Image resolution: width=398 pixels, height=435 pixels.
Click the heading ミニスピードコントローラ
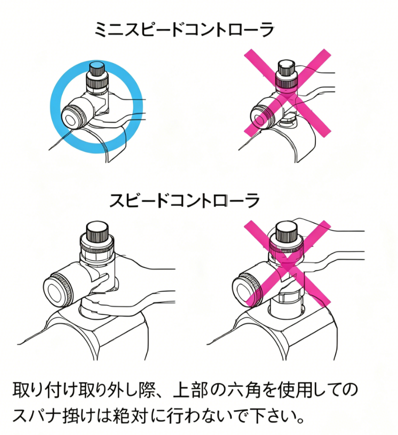click(184, 30)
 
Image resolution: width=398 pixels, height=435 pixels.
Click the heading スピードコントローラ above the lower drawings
click(185, 201)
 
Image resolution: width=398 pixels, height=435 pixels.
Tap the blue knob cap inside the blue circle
click(96, 66)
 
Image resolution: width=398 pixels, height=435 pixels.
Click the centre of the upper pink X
click(287, 93)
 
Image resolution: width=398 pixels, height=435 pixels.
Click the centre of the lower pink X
click(287, 263)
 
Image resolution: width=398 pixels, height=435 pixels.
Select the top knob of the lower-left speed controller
click(97, 232)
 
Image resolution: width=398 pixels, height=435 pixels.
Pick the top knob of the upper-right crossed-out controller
click(287, 67)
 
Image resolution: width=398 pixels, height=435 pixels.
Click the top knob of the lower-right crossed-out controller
click(286, 231)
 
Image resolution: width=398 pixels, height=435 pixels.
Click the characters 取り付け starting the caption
click(44, 390)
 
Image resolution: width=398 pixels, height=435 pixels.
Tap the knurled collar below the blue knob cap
click(97, 81)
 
